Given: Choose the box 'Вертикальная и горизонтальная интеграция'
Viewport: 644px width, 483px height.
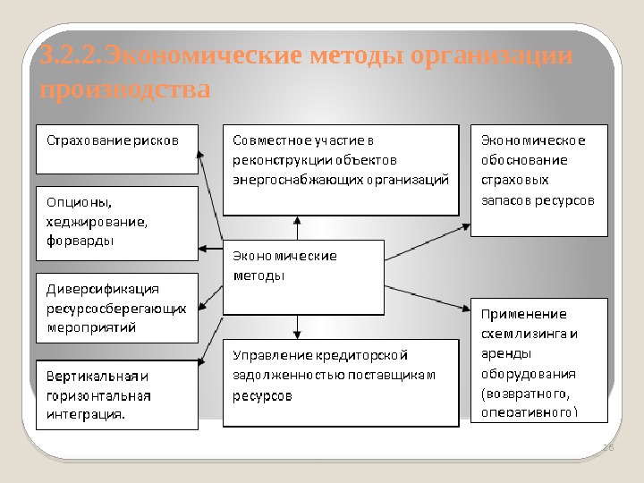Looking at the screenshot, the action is [x=115, y=394].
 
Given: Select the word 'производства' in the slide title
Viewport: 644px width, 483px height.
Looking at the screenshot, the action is [x=126, y=90].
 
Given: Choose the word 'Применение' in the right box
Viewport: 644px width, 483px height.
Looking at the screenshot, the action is [x=524, y=314].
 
